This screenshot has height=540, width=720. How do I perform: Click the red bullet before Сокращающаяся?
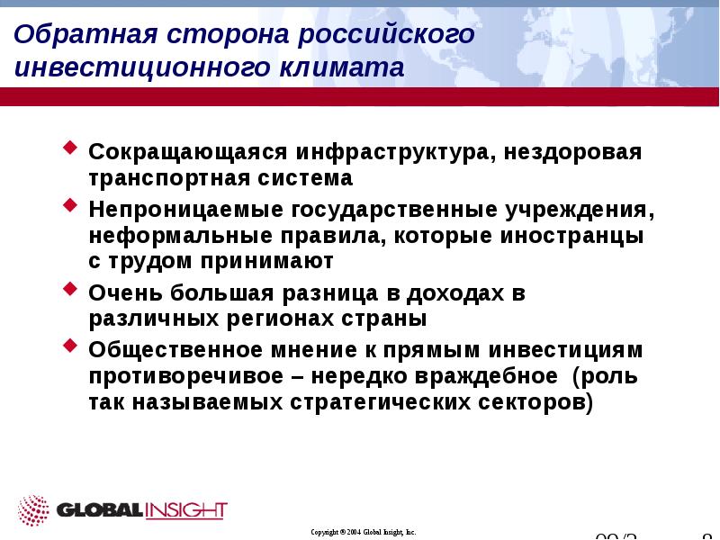pos(71,146)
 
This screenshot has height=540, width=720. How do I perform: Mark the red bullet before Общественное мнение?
pos(71,346)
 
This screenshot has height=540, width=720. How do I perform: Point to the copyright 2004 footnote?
pos(363,533)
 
